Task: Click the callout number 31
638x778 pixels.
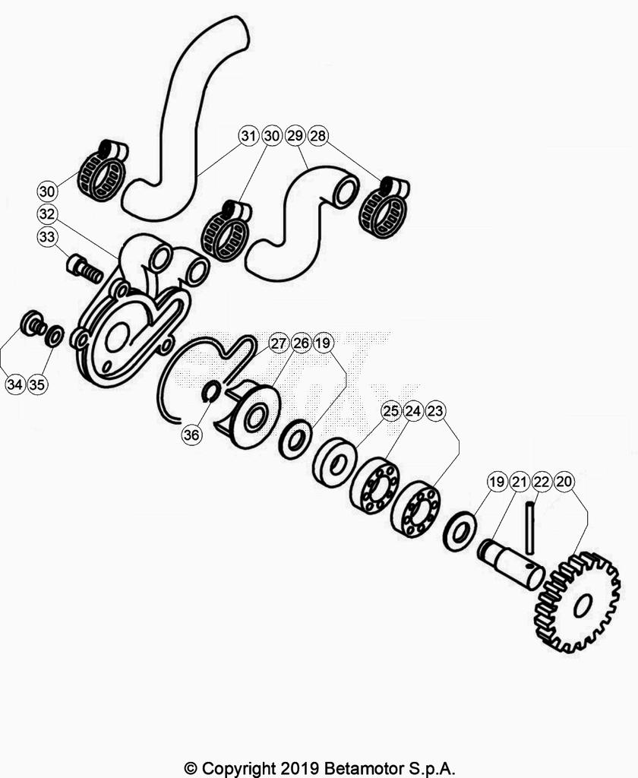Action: [x=248, y=135]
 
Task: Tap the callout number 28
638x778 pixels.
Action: [x=318, y=135]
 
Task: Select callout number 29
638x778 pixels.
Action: [x=295, y=135]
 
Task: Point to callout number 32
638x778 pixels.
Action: [x=46, y=214]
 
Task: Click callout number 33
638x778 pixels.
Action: [x=46, y=237]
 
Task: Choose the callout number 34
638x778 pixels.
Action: [x=15, y=384]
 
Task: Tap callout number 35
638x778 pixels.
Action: [x=37, y=384]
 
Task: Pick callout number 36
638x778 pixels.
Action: [x=191, y=435]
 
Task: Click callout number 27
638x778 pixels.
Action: [x=278, y=343]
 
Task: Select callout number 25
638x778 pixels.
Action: [x=391, y=411]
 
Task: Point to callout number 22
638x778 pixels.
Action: [x=542, y=481]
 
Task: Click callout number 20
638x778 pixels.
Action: [x=564, y=481]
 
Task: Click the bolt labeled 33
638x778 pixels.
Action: [x=84, y=268]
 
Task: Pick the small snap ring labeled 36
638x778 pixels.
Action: [x=211, y=391]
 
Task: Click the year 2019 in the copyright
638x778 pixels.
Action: [x=299, y=768]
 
